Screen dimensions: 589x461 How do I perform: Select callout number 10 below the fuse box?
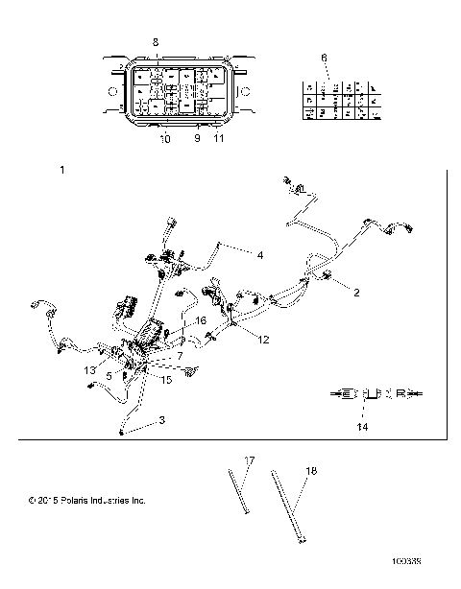[x=164, y=139]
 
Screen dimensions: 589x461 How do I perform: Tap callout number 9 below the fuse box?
[x=198, y=139]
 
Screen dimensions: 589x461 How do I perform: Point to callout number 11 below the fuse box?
[x=219, y=139]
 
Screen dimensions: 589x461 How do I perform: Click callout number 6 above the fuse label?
[x=324, y=59]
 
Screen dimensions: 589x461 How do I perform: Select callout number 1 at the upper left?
[x=62, y=170]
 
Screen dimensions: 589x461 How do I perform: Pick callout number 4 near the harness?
[x=259, y=255]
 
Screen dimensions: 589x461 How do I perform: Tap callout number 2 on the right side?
[x=356, y=293]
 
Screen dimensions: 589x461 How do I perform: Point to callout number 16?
[x=201, y=320]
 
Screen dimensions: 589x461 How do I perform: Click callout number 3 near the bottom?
[x=161, y=420]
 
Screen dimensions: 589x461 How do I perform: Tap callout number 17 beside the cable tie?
[x=248, y=461]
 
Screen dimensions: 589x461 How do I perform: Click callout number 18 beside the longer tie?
[x=310, y=472]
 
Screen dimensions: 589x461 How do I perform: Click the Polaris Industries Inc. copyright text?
[x=87, y=500]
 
